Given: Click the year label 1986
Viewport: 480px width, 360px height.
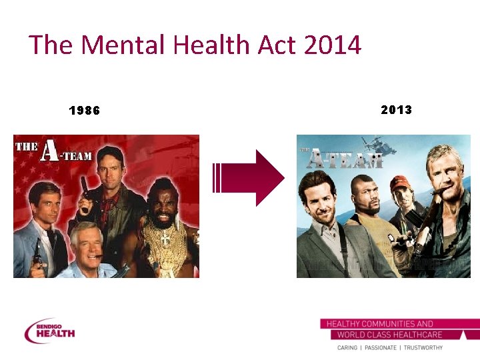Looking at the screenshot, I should (x=85, y=111).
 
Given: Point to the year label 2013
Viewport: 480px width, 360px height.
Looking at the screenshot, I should (x=397, y=109).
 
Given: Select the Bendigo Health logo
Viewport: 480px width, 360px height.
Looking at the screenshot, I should (x=50, y=331).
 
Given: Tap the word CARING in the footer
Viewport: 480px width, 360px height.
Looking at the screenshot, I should (x=347, y=348).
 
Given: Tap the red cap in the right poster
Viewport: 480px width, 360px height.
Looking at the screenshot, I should (x=399, y=182).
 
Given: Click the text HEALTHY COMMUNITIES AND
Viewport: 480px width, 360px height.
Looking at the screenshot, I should (x=379, y=324).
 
